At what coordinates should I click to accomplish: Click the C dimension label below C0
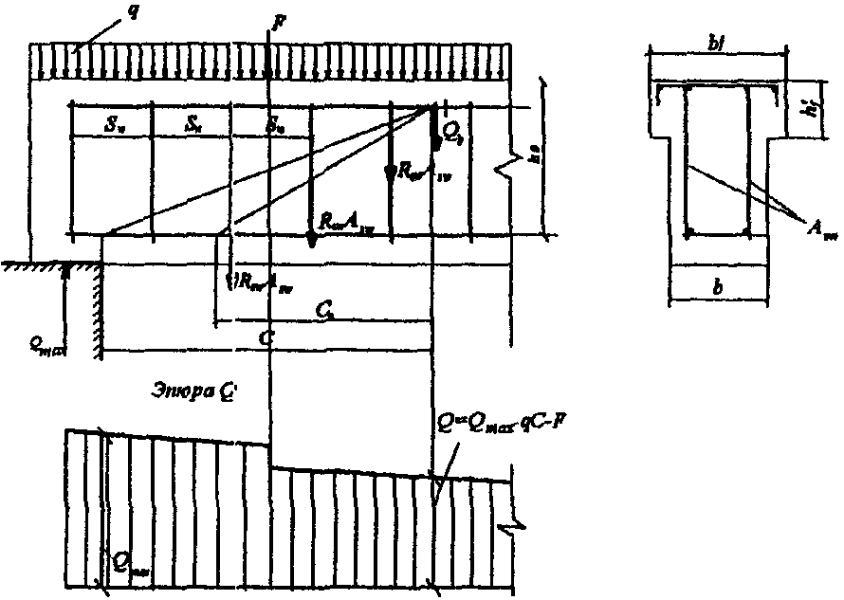coord(271,338)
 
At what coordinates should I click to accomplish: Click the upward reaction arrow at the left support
coord(65,275)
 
